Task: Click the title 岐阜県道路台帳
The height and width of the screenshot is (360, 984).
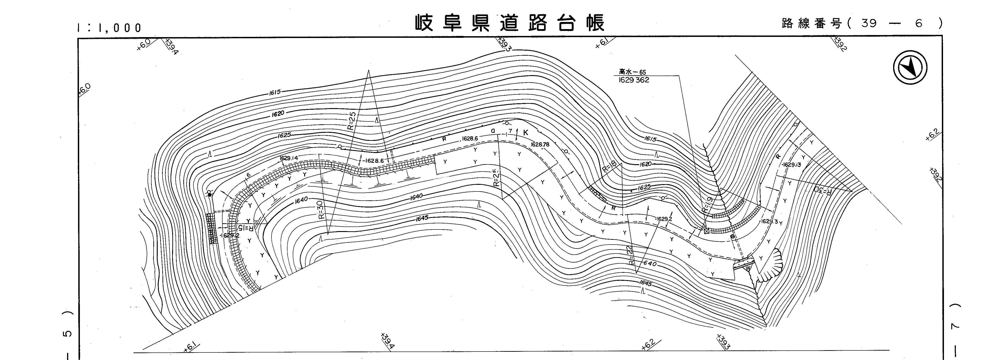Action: click(x=510, y=23)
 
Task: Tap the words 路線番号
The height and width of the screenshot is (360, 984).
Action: click(x=812, y=23)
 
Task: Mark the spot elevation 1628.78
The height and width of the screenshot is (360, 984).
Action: click(x=540, y=145)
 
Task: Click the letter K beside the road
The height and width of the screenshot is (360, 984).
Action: click(x=526, y=133)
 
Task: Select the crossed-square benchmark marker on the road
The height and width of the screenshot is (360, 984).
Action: click(x=706, y=231)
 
